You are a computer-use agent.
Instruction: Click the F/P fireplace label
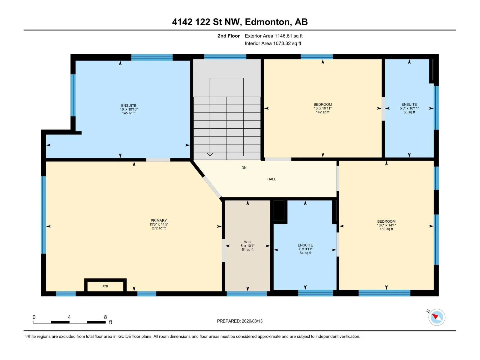[x=105, y=286]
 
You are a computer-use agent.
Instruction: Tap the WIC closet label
[x=247, y=242]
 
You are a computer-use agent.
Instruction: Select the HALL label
[x=271, y=179]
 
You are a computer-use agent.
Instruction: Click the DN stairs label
[x=244, y=168]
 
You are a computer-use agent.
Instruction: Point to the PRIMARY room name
[x=159, y=220]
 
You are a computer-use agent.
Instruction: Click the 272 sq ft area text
[x=159, y=228]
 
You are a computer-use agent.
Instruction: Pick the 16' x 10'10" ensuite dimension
[x=129, y=109]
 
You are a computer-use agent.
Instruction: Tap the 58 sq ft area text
[x=409, y=112]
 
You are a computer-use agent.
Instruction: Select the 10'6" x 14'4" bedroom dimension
[x=386, y=225]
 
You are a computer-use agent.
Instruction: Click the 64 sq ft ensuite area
[x=305, y=253]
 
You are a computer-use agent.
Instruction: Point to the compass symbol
[x=437, y=317]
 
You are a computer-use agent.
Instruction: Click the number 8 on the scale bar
[x=105, y=317]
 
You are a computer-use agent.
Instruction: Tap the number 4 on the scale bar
[x=69, y=317]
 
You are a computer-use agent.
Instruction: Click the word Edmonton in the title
[x=268, y=22]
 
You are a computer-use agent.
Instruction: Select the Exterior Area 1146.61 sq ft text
[x=274, y=36]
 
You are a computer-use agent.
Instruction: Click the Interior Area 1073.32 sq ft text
[x=273, y=43]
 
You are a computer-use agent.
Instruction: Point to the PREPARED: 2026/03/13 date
[x=240, y=321]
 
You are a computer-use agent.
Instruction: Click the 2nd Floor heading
[x=229, y=36]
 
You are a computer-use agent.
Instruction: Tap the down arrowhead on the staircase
[x=210, y=154]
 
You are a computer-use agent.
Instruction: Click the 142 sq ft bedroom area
[x=322, y=112]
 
